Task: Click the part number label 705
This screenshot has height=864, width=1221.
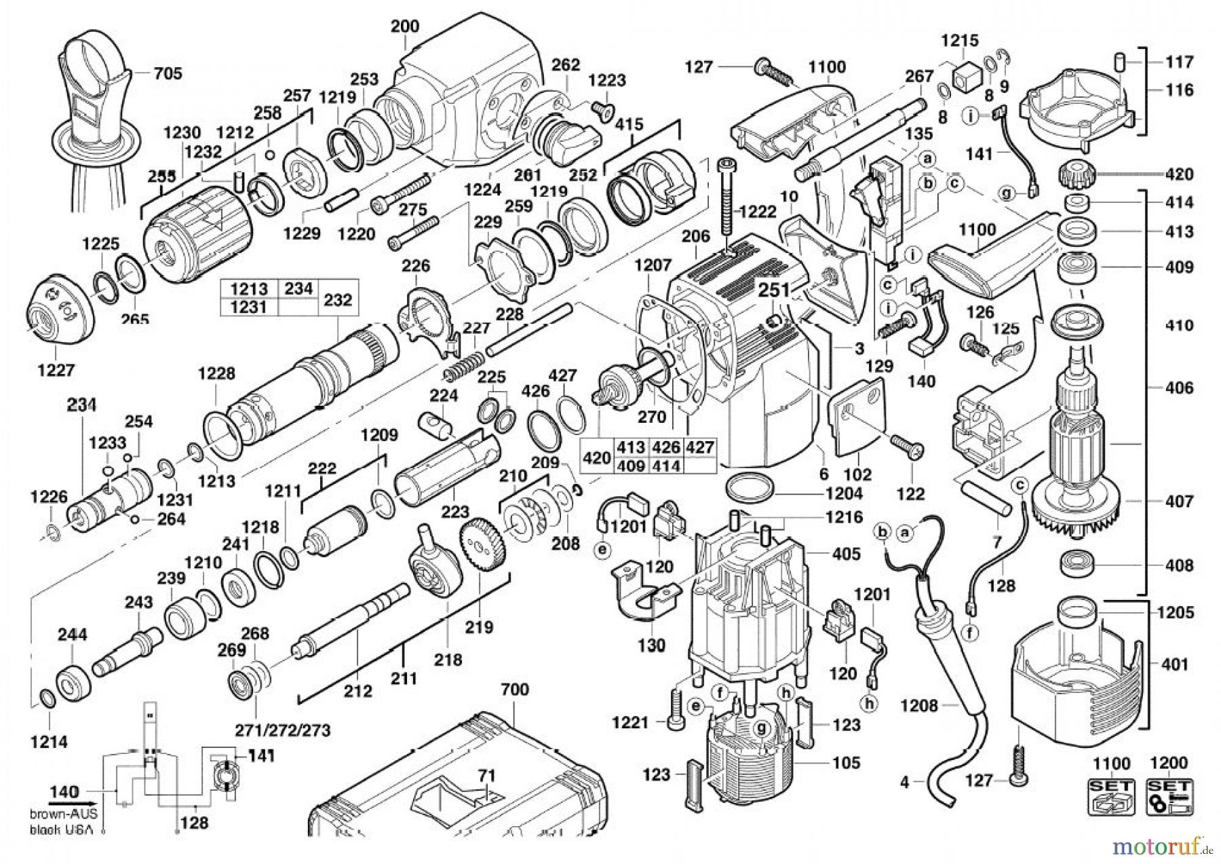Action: (168, 73)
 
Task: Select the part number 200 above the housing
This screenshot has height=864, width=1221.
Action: (405, 26)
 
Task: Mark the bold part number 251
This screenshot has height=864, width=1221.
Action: (773, 290)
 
